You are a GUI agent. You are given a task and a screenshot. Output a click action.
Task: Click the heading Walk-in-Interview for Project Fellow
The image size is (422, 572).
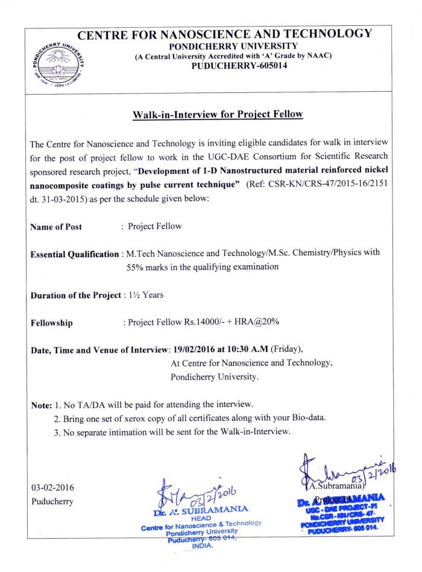tap(218, 115)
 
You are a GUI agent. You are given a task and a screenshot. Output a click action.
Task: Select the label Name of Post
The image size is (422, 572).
tap(56, 227)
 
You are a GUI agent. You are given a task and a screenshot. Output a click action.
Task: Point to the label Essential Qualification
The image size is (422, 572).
tap(74, 254)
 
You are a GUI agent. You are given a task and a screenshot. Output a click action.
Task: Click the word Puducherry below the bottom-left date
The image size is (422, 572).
tap(52, 501)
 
